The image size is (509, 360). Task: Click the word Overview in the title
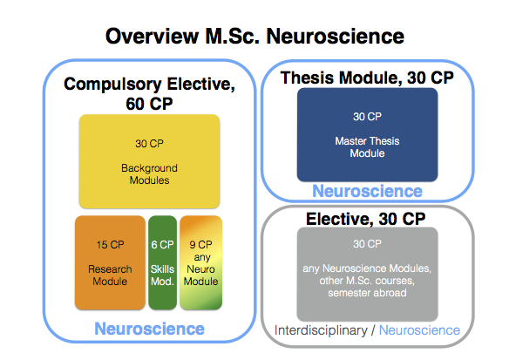point(152,36)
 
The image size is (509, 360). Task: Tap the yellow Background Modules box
point(149,161)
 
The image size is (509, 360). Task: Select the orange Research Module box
point(110,262)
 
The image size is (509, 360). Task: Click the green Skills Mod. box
point(162,262)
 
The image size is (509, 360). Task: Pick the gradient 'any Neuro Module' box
point(201,262)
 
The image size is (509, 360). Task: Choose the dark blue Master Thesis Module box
point(367,135)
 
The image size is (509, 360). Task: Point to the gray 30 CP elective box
point(367,275)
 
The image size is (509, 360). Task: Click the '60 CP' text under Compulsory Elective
point(149,104)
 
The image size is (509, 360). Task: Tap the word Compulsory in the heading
point(112,85)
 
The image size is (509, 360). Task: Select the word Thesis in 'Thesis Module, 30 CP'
point(308,78)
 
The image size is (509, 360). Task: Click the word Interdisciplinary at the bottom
point(321,330)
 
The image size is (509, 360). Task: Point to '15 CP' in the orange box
point(110,244)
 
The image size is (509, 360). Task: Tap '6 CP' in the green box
point(162,244)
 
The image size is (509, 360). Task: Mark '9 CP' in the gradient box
point(201,244)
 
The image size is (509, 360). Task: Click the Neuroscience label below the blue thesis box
point(367,191)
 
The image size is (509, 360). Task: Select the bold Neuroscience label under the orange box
point(149,329)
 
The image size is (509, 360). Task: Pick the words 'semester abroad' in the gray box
point(367,293)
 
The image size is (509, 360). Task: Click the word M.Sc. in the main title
point(232,36)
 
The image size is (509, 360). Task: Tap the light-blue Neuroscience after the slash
point(419,330)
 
